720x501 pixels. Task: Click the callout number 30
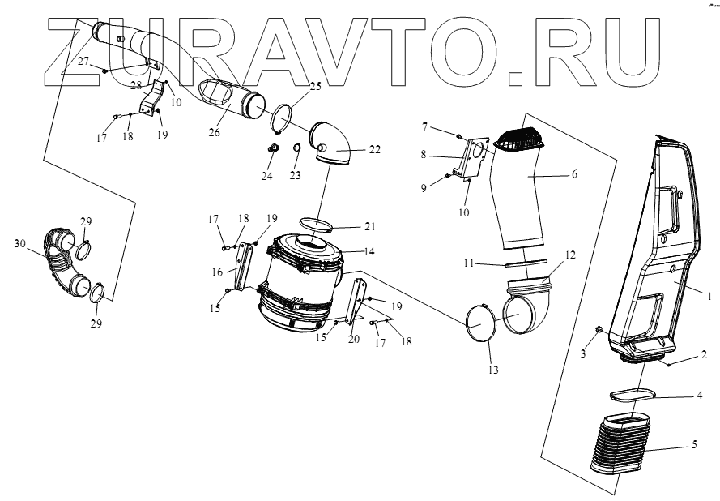(x=19, y=242)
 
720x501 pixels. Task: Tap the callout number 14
(x=369, y=251)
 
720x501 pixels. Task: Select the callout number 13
(x=493, y=370)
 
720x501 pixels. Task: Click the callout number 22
(x=373, y=149)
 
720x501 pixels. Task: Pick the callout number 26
(x=215, y=132)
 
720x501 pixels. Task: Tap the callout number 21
(x=370, y=226)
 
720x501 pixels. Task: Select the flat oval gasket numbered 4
(x=632, y=395)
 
